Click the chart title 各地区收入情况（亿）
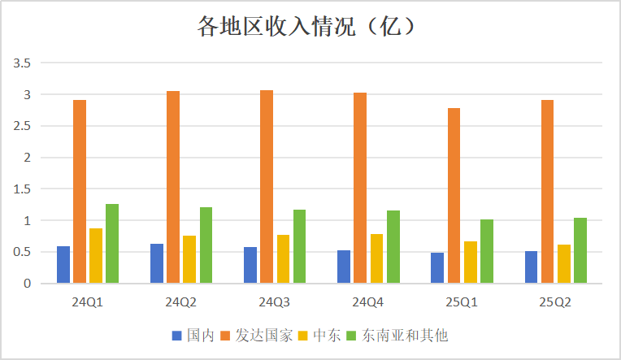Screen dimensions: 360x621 pos(309,27)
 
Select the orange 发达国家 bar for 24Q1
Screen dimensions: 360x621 pos(80,192)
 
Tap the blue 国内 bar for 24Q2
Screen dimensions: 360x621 pos(157,263)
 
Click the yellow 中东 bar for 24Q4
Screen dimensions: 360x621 pos(376,258)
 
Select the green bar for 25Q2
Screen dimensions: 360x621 pos(580,250)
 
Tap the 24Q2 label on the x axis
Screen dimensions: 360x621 pos(180,301)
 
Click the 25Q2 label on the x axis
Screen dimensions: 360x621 pos(554,301)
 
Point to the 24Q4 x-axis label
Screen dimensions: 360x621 pos(367,301)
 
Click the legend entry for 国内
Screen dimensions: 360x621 pos(193,335)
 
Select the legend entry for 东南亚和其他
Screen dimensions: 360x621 pos(397,335)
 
